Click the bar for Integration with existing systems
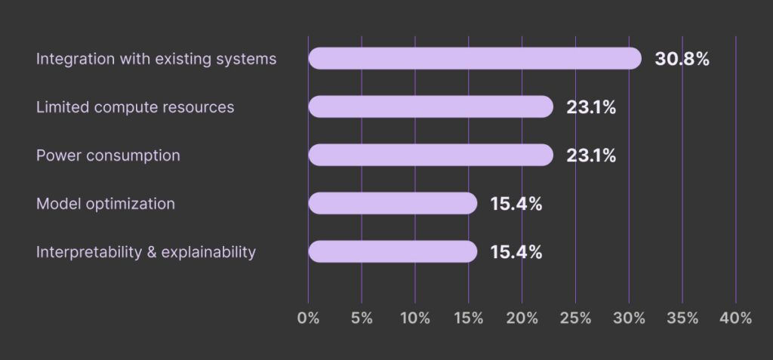[x=474, y=59]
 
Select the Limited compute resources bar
[x=430, y=107]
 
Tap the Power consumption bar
[x=430, y=155]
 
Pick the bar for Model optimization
[x=393, y=204]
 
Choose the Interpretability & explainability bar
[x=393, y=252]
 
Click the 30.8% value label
[x=682, y=59]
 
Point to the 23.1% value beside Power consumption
[x=591, y=155]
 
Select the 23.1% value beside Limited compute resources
[x=591, y=107]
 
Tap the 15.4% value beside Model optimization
[x=516, y=204]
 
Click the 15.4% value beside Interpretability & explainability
[x=516, y=252]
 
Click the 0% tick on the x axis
[x=308, y=318]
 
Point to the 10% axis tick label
[x=414, y=318]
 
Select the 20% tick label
[x=522, y=318]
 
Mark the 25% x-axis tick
[x=575, y=318]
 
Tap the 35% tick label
[x=682, y=318]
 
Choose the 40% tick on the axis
[x=736, y=318]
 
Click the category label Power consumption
[x=108, y=155]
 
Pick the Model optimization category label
[x=106, y=204]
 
